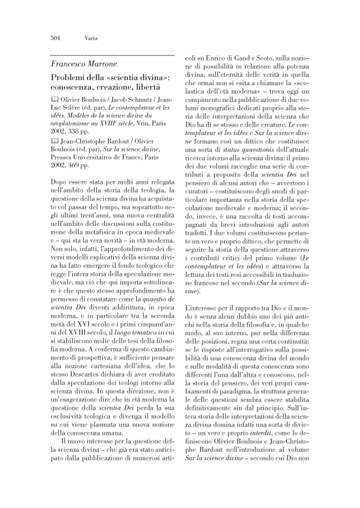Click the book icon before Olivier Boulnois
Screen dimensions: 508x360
pos(54,100)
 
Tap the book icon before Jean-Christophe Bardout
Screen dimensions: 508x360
pos(54,141)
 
